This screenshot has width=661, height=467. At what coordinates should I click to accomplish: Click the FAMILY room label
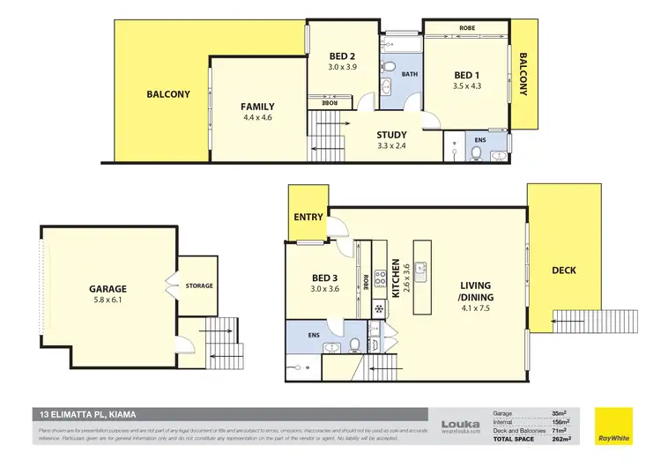(x=257, y=107)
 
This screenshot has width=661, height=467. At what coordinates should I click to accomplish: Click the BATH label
(x=410, y=74)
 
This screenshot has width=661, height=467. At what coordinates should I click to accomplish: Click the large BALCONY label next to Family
(x=167, y=95)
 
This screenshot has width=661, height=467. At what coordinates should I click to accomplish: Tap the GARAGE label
(x=108, y=288)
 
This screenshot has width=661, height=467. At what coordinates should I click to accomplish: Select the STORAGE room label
(x=199, y=285)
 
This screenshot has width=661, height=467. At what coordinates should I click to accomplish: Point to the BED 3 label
(x=324, y=278)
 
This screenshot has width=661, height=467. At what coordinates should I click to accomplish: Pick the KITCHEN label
(x=397, y=278)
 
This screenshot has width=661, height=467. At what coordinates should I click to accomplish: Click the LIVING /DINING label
(x=476, y=291)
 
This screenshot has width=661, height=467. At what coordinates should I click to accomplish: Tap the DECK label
(x=564, y=271)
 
